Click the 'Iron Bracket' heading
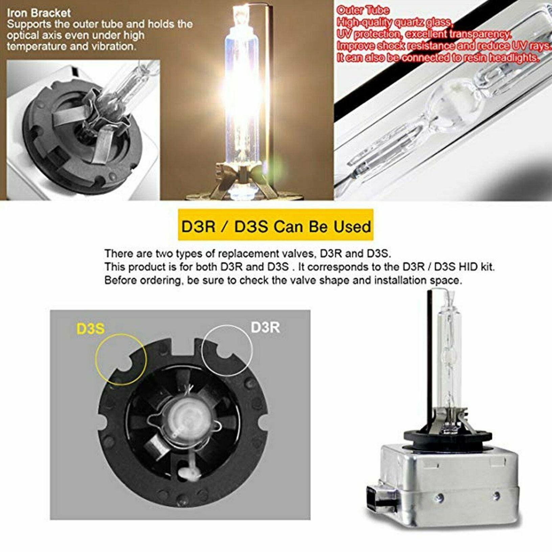(39, 13)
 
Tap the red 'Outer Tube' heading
(363, 10)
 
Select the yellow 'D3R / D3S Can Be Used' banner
(276, 225)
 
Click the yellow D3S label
(90, 328)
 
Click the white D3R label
(265, 327)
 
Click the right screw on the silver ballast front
(496, 496)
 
